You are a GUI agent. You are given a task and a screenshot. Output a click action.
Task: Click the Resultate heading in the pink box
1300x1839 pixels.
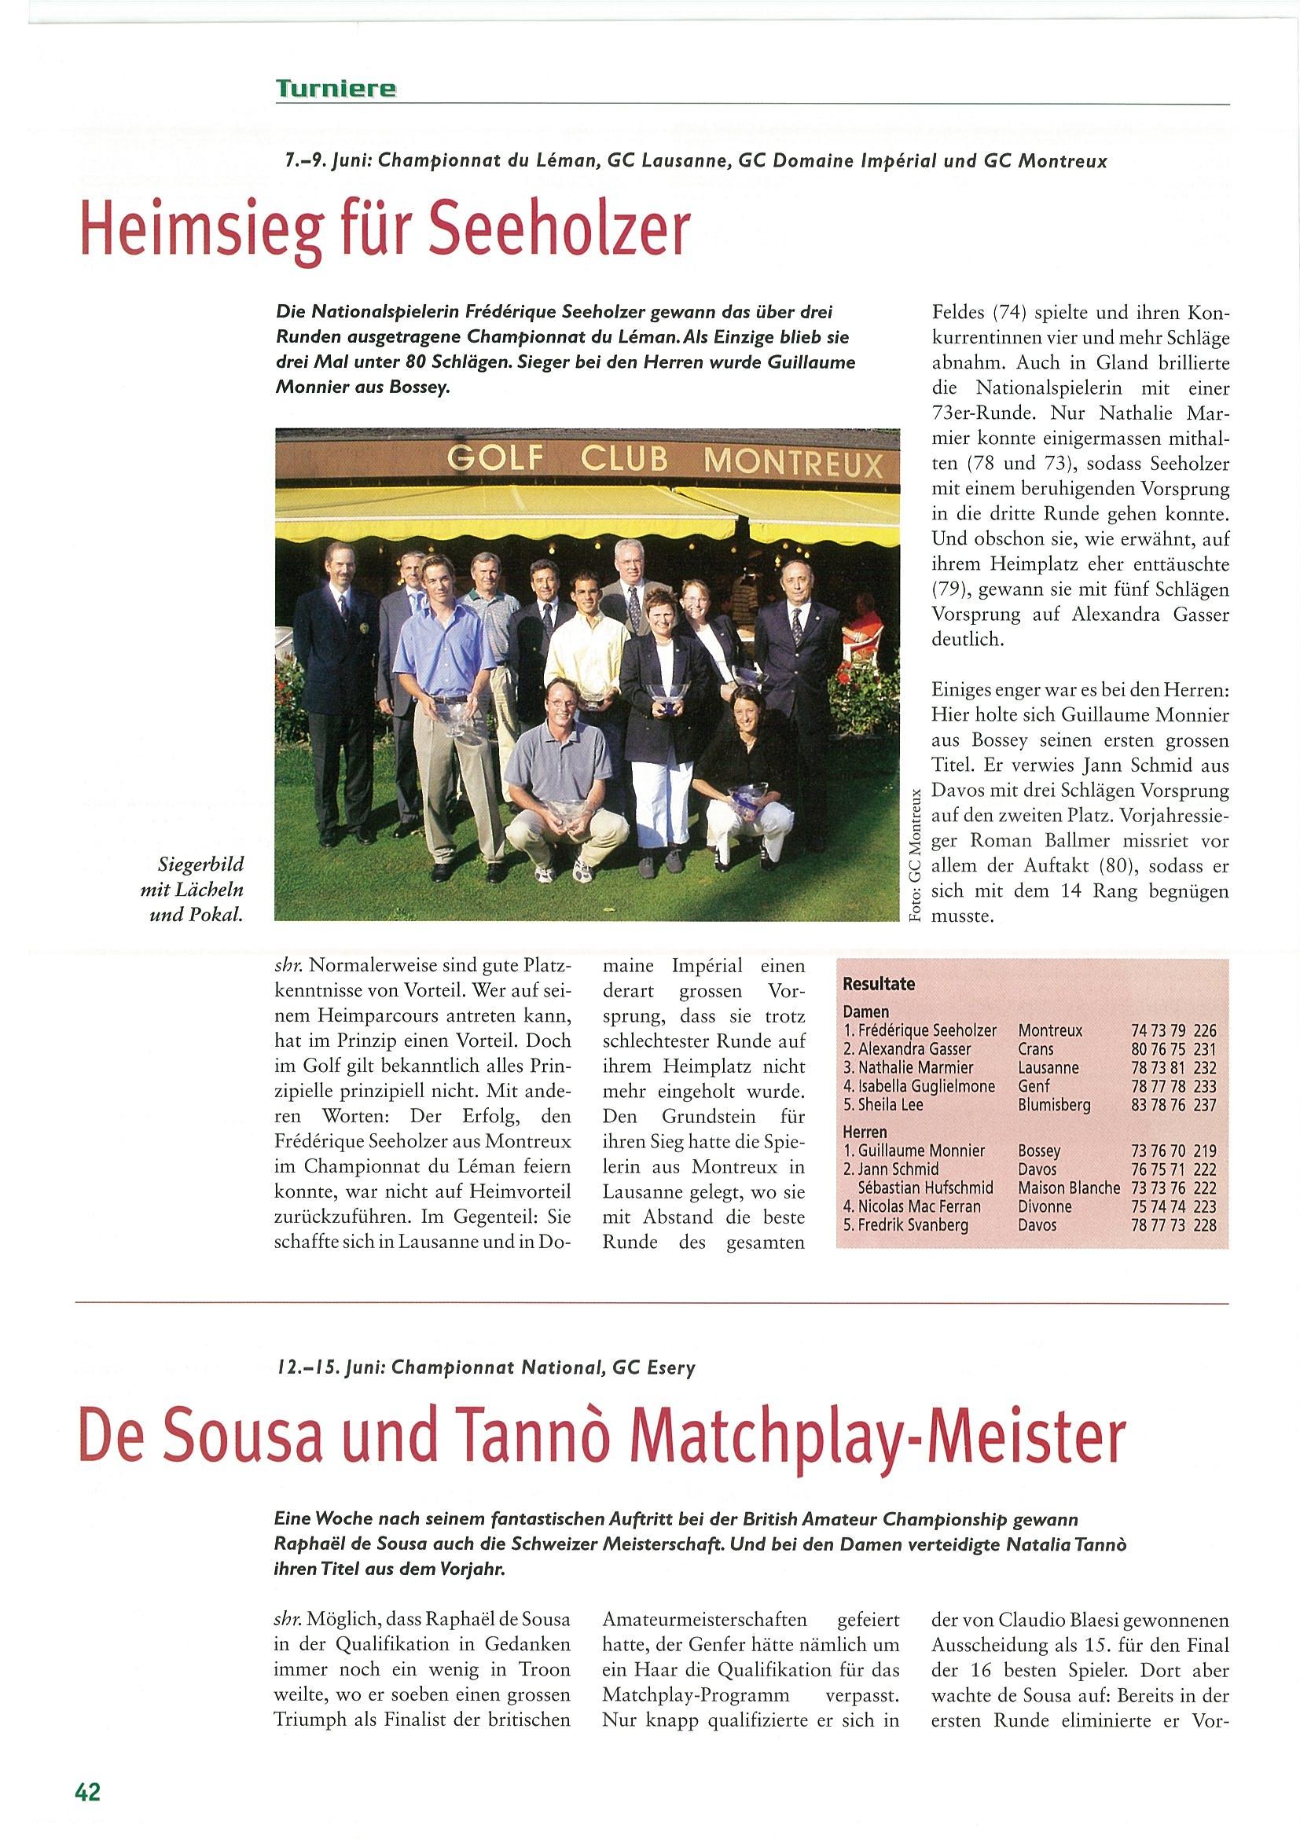click(879, 984)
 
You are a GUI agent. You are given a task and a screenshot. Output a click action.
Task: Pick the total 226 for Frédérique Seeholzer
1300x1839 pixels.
click(1204, 1031)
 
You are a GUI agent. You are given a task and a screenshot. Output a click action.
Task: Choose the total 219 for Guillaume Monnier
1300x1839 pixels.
click(1204, 1151)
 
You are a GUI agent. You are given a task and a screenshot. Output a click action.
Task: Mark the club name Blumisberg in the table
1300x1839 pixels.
click(1054, 1105)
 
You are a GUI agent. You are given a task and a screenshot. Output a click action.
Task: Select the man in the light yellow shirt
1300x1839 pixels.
click(588, 641)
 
